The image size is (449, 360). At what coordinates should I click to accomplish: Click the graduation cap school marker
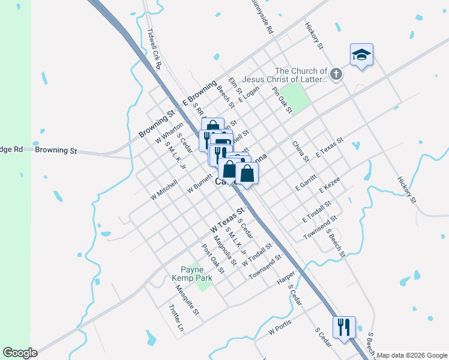361,55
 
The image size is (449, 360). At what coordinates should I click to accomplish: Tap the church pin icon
336,75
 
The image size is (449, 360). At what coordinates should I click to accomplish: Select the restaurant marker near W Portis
344,328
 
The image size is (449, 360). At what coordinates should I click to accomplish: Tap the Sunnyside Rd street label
262,16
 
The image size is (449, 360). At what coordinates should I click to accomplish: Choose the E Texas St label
329,148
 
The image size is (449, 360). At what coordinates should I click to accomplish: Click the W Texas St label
228,221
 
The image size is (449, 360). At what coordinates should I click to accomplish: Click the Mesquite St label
187,300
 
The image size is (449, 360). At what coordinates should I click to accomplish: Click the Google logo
20,353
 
